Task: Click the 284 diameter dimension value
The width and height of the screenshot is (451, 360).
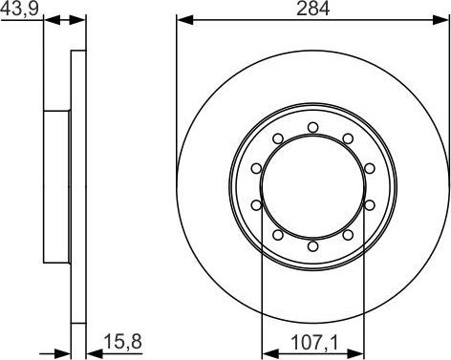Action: coord(312,9)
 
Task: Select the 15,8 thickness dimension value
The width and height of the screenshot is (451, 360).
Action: coord(122,342)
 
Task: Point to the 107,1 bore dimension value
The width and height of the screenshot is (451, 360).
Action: coord(314,343)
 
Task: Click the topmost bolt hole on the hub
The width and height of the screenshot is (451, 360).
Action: coord(313,128)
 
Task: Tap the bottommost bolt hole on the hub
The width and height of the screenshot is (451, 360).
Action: coord(313,246)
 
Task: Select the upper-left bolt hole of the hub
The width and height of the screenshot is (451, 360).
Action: coord(278,138)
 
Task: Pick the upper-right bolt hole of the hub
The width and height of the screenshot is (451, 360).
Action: coord(348,138)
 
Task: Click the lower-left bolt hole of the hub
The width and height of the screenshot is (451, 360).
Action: coord(278,235)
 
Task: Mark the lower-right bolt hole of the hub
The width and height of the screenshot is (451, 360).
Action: coord(348,235)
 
